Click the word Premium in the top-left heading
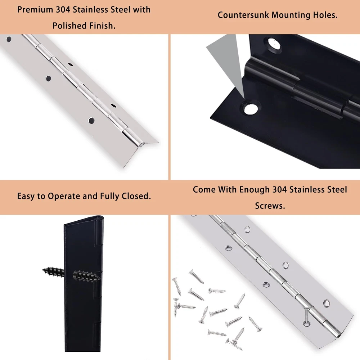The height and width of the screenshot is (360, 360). pyautogui.click(x=35, y=10)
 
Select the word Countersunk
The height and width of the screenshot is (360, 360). pyautogui.click(x=243, y=15)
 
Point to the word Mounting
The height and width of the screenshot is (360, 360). pyautogui.click(x=291, y=15)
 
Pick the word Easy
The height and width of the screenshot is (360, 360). pyautogui.click(x=26, y=196)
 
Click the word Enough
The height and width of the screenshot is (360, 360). pyautogui.click(x=255, y=190)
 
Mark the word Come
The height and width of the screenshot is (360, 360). pyautogui.click(x=204, y=190)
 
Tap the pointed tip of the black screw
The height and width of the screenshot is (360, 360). pyautogui.click(x=43, y=270)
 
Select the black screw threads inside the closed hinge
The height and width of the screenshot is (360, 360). pyautogui.click(x=86, y=276)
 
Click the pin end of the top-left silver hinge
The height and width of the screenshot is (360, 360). pyautogui.click(x=141, y=145)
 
